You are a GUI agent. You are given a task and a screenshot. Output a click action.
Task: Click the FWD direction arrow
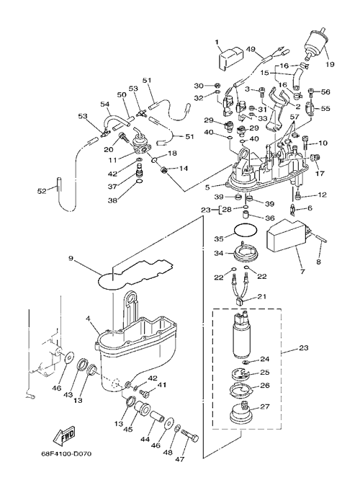64,436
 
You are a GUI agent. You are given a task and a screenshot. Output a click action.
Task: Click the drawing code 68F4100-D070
66,454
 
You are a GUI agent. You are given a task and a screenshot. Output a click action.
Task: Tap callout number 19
330,64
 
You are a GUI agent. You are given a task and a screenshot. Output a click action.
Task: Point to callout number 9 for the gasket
71,258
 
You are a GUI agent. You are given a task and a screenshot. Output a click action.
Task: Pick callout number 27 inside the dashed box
265,406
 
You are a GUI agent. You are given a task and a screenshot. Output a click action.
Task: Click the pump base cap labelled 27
243,412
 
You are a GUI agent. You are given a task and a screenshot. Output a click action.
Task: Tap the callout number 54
104,104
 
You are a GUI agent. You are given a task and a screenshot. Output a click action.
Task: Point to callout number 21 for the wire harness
262,297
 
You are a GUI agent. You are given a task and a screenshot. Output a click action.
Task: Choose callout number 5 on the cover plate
207,187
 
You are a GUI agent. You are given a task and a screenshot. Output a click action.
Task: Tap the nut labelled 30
217,86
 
